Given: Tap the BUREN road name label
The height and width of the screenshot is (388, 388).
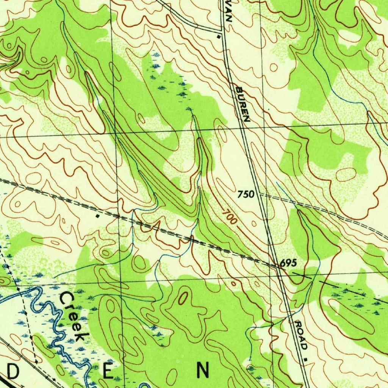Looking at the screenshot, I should (x=243, y=104).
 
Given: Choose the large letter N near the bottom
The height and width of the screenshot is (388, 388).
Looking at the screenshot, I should (x=202, y=369).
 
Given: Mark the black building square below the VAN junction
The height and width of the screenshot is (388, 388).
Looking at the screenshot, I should (x=218, y=37).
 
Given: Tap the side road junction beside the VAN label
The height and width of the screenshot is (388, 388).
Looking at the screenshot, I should (x=221, y=30).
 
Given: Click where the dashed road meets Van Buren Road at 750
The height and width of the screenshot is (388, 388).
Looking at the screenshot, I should (x=260, y=196).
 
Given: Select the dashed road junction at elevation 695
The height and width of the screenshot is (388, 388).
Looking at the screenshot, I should (x=277, y=265).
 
